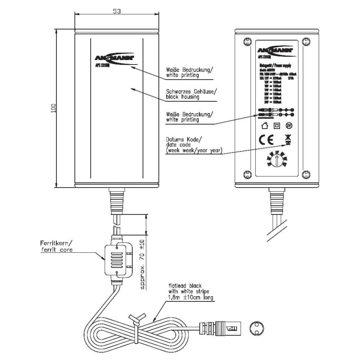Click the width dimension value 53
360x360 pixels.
[x=116, y=11]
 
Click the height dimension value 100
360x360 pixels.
[x=54, y=108]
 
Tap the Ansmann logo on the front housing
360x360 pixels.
[x=114, y=58]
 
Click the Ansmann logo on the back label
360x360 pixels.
[x=276, y=50]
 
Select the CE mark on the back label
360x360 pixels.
[x=266, y=140]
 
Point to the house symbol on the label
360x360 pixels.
[x=265, y=126]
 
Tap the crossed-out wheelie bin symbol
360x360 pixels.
[x=288, y=139]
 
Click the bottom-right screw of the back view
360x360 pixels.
[x=306, y=175]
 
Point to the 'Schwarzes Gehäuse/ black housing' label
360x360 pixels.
[x=191, y=94]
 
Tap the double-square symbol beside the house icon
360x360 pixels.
[x=276, y=126]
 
